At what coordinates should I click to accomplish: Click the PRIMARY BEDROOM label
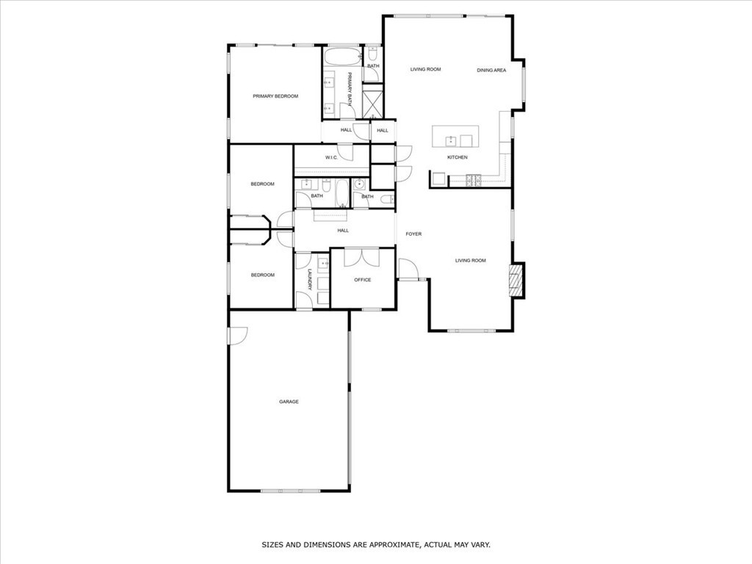pos(275,96)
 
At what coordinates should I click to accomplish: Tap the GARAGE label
pos(289,402)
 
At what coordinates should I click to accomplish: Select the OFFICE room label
pos(363,280)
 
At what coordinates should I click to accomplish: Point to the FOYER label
pos(413,234)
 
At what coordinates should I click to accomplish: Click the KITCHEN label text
pos(458,158)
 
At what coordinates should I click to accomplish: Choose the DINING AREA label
pos(491,70)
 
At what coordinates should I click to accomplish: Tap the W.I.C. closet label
pos(331,158)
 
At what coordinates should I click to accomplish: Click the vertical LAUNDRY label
pos(310,280)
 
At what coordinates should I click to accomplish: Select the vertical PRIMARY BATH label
pos(350,87)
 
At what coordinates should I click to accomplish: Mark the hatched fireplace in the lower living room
pos(518,281)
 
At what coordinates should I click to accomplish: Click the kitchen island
pos(455,136)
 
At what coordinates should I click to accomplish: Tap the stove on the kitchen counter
pos(474,178)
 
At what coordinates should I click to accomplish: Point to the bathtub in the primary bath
pos(342,57)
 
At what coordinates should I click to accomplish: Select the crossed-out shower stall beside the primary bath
pos(373,101)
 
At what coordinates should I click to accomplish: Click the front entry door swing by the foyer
pos(408,270)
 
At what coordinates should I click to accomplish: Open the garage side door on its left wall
pos(237,335)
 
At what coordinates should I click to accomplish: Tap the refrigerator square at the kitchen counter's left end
pos(438,179)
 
